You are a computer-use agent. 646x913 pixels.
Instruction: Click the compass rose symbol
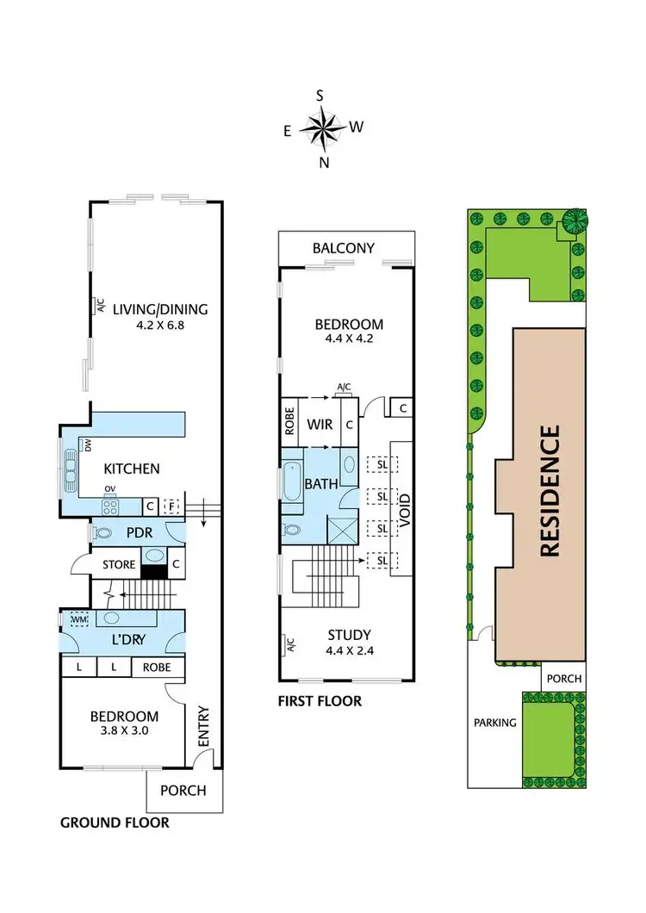tap(323, 129)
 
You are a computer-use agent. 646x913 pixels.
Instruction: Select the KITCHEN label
tap(132, 469)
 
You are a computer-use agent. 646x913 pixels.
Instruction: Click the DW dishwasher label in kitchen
tap(87, 444)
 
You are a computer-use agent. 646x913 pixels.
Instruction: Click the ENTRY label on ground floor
tap(204, 725)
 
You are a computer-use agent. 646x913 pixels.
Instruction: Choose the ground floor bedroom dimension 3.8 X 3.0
tap(125, 732)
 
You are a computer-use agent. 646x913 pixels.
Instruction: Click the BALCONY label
tap(344, 248)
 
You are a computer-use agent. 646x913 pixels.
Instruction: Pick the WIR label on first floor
tap(321, 424)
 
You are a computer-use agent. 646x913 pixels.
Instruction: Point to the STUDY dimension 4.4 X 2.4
tap(349, 651)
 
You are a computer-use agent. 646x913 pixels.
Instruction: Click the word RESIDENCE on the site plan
tap(550, 491)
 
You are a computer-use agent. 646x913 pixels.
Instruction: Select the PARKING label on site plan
tap(494, 723)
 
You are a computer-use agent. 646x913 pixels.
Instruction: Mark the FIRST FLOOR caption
tap(320, 701)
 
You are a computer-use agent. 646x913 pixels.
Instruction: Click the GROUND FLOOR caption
tap(115, 823)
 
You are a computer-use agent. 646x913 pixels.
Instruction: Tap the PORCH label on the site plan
tap(564, 679)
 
